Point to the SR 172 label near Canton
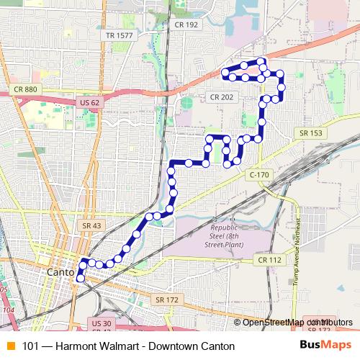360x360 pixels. point(166,299)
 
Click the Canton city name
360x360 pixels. point(60,274)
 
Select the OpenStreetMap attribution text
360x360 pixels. point(288,323)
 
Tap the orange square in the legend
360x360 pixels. point(10,346)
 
